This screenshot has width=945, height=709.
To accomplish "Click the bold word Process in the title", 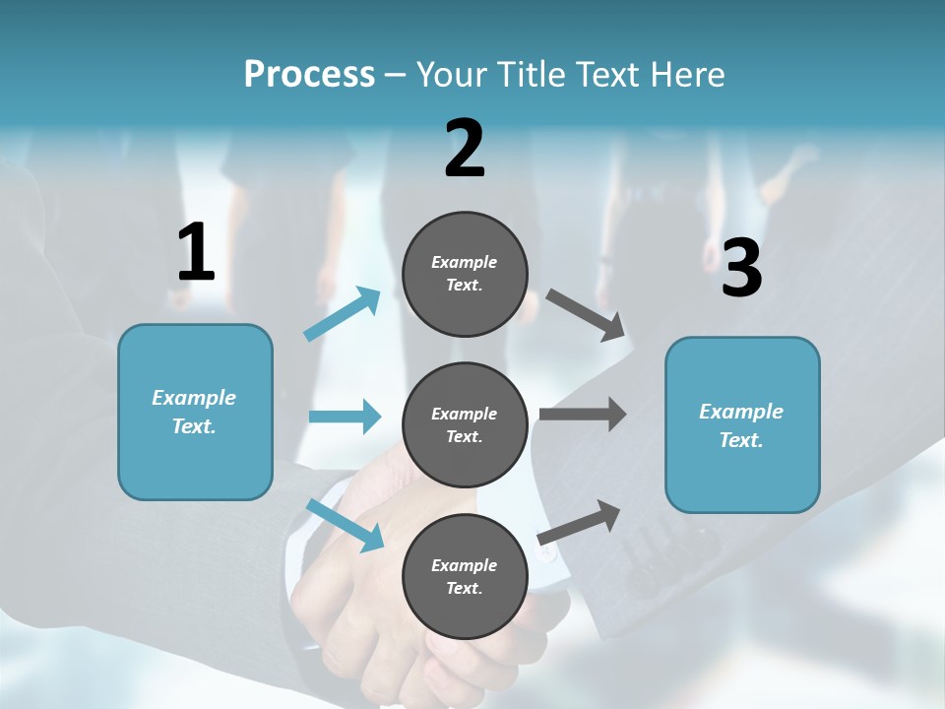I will tap(309, 74).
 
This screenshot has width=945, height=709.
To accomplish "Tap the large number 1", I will tap(196, 253).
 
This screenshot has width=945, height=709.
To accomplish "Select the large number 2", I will tap(465, 150).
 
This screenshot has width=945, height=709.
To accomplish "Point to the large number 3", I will tap(741, 268).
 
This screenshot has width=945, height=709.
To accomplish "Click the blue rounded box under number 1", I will tap(195, 412).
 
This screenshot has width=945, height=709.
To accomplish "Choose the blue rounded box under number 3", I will tap(742, 425).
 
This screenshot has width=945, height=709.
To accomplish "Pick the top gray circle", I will tap(465, 274).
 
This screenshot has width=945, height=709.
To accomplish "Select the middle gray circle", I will tap(465, 424).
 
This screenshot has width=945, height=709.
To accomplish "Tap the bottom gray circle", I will tap(465, 576).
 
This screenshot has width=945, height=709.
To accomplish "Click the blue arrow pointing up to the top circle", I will tap(343, 314).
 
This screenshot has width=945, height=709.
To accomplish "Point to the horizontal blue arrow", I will tap(345, 417).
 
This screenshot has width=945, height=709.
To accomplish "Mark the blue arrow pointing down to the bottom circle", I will tap(346, 525).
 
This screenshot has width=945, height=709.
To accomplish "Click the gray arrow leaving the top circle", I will tap(586, 315).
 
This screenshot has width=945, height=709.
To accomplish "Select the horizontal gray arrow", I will tap(583, 414).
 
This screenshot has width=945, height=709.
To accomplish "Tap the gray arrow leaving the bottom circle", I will tap(580, 522).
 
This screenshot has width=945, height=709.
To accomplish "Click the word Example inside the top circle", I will tap(465, 262).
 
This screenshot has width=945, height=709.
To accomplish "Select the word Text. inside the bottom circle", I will tap(465, 588).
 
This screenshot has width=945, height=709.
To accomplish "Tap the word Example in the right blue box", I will tap(741, 412).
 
